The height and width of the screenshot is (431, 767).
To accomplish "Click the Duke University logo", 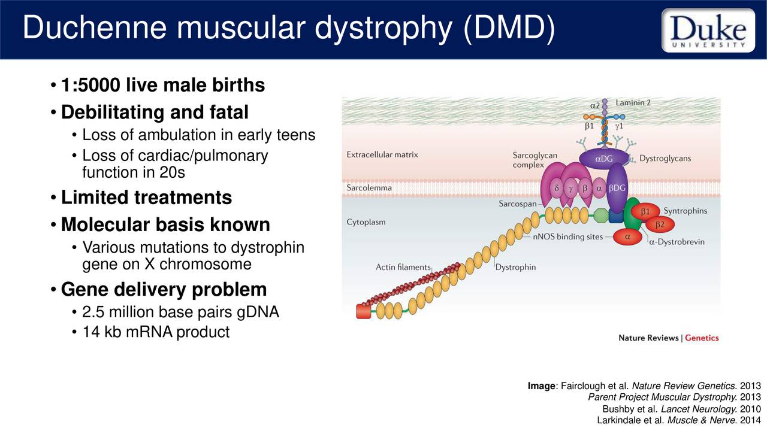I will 708,30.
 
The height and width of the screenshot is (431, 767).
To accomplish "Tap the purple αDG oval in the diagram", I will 603,159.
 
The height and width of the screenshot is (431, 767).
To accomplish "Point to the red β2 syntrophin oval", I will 659,224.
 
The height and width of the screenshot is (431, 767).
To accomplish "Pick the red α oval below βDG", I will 627,237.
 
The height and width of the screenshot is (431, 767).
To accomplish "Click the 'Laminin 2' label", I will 633,103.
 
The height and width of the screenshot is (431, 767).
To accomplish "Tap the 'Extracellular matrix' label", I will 382,155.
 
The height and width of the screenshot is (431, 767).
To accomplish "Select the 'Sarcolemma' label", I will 369,188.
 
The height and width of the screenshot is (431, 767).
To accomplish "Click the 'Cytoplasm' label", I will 366,222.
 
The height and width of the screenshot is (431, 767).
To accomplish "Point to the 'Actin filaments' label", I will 403,267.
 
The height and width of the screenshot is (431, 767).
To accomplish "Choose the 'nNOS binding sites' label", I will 567,237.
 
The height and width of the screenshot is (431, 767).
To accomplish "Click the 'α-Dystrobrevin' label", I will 677,242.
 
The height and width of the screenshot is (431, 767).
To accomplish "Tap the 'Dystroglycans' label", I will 665,159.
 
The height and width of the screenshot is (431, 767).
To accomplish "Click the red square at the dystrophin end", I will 363,311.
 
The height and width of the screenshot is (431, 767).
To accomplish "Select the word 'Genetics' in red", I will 702,338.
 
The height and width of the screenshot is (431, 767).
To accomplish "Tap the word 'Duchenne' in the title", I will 96,29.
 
